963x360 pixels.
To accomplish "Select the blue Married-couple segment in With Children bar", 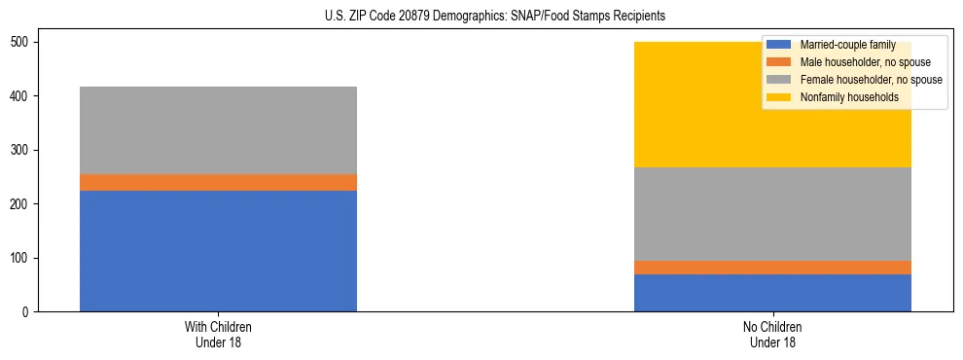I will coord(218,251).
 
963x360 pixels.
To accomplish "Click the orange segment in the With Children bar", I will coord(218,182).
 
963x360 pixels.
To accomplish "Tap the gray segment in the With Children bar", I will coord(218,130).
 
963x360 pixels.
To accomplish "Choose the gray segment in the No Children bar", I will coord(772,214).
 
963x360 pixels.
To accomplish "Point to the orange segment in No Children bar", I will coord(772,268).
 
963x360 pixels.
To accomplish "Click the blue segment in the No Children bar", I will coord(772,293).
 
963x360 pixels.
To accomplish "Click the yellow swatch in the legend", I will coord(779,97).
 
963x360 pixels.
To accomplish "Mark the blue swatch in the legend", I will coord(779,45).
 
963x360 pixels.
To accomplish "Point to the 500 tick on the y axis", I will coord(25,43).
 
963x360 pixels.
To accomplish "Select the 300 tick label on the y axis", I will coord(25,151).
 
